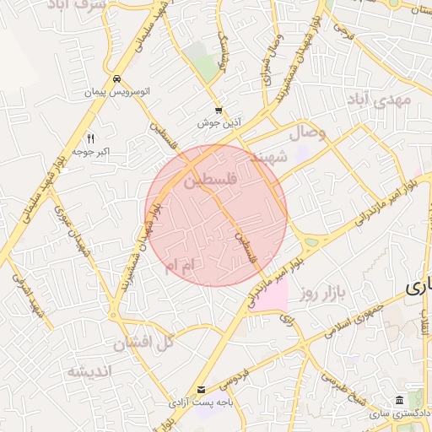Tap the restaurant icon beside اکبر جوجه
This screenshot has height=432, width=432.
[91, 138]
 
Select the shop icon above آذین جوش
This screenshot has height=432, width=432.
[219, 111]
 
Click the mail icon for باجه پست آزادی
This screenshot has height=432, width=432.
[201, 389]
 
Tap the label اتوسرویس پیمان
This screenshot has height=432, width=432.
[116, 90]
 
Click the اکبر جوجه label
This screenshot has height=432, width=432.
[92, 151]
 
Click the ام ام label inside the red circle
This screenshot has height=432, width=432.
[181, 266]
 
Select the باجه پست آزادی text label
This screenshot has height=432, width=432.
[201, 402]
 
